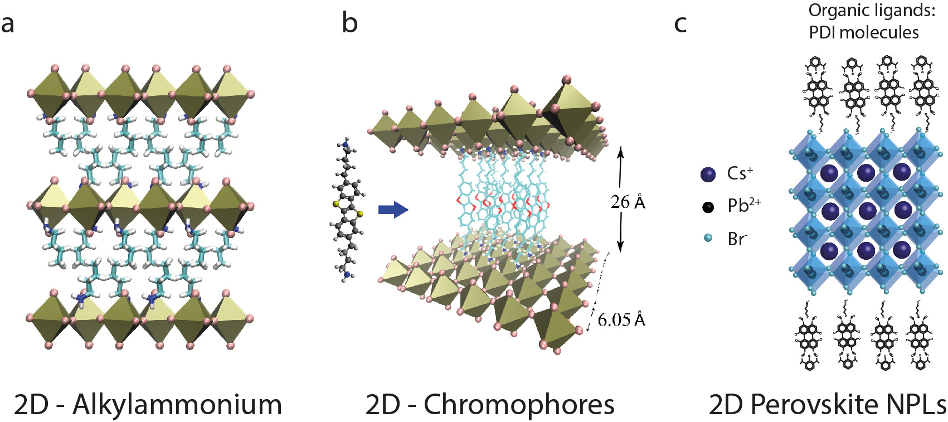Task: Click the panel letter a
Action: (8, 25)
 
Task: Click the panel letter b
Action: (349, 23)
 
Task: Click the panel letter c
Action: (680, 25)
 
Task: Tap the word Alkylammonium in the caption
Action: (177, 405)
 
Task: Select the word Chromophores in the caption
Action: (519, 405)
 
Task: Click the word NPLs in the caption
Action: (917, 405)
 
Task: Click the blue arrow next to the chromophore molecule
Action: (393, 210)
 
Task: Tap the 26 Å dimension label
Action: (628, 202)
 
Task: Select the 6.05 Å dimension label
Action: (621, 319)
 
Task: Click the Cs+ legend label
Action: (740, 173)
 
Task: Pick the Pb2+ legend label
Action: (744, 205)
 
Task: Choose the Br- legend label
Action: (737, 239)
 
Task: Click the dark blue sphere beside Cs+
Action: (708, 174)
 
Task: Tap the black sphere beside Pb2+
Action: (708, 207)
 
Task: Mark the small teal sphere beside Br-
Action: (708, 238)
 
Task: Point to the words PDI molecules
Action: (863, 32)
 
